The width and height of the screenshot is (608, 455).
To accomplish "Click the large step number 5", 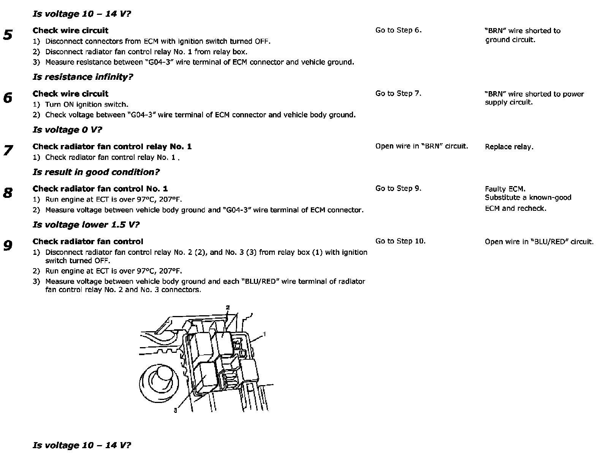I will point(8,35).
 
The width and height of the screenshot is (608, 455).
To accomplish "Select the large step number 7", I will point(8,151).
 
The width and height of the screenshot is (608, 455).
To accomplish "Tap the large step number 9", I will point(8,246).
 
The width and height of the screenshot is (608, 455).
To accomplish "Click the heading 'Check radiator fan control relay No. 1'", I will point(112,147).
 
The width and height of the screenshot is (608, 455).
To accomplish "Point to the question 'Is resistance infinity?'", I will point(83,77).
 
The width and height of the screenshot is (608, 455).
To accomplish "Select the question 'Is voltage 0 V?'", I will point(67,130).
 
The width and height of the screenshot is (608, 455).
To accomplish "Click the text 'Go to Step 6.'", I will point(398,30).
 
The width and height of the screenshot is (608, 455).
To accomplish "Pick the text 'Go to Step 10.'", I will point(400,241).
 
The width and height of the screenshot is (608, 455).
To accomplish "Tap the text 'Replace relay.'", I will point(509,147).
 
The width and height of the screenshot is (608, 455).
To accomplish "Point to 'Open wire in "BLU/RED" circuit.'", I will point(539,242).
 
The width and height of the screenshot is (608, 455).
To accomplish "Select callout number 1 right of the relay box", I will point(264,334).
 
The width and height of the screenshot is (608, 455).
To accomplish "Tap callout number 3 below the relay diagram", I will point(175,410).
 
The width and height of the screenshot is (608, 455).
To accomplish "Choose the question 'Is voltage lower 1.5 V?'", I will point(86,225).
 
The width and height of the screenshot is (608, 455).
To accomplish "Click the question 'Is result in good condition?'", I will point(96,172).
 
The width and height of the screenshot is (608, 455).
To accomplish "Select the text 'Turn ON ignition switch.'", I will point(87,104).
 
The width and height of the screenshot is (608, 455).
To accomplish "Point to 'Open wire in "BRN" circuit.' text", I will point(421,146).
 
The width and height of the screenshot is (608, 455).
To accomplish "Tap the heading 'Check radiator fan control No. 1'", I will point(100,189).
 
